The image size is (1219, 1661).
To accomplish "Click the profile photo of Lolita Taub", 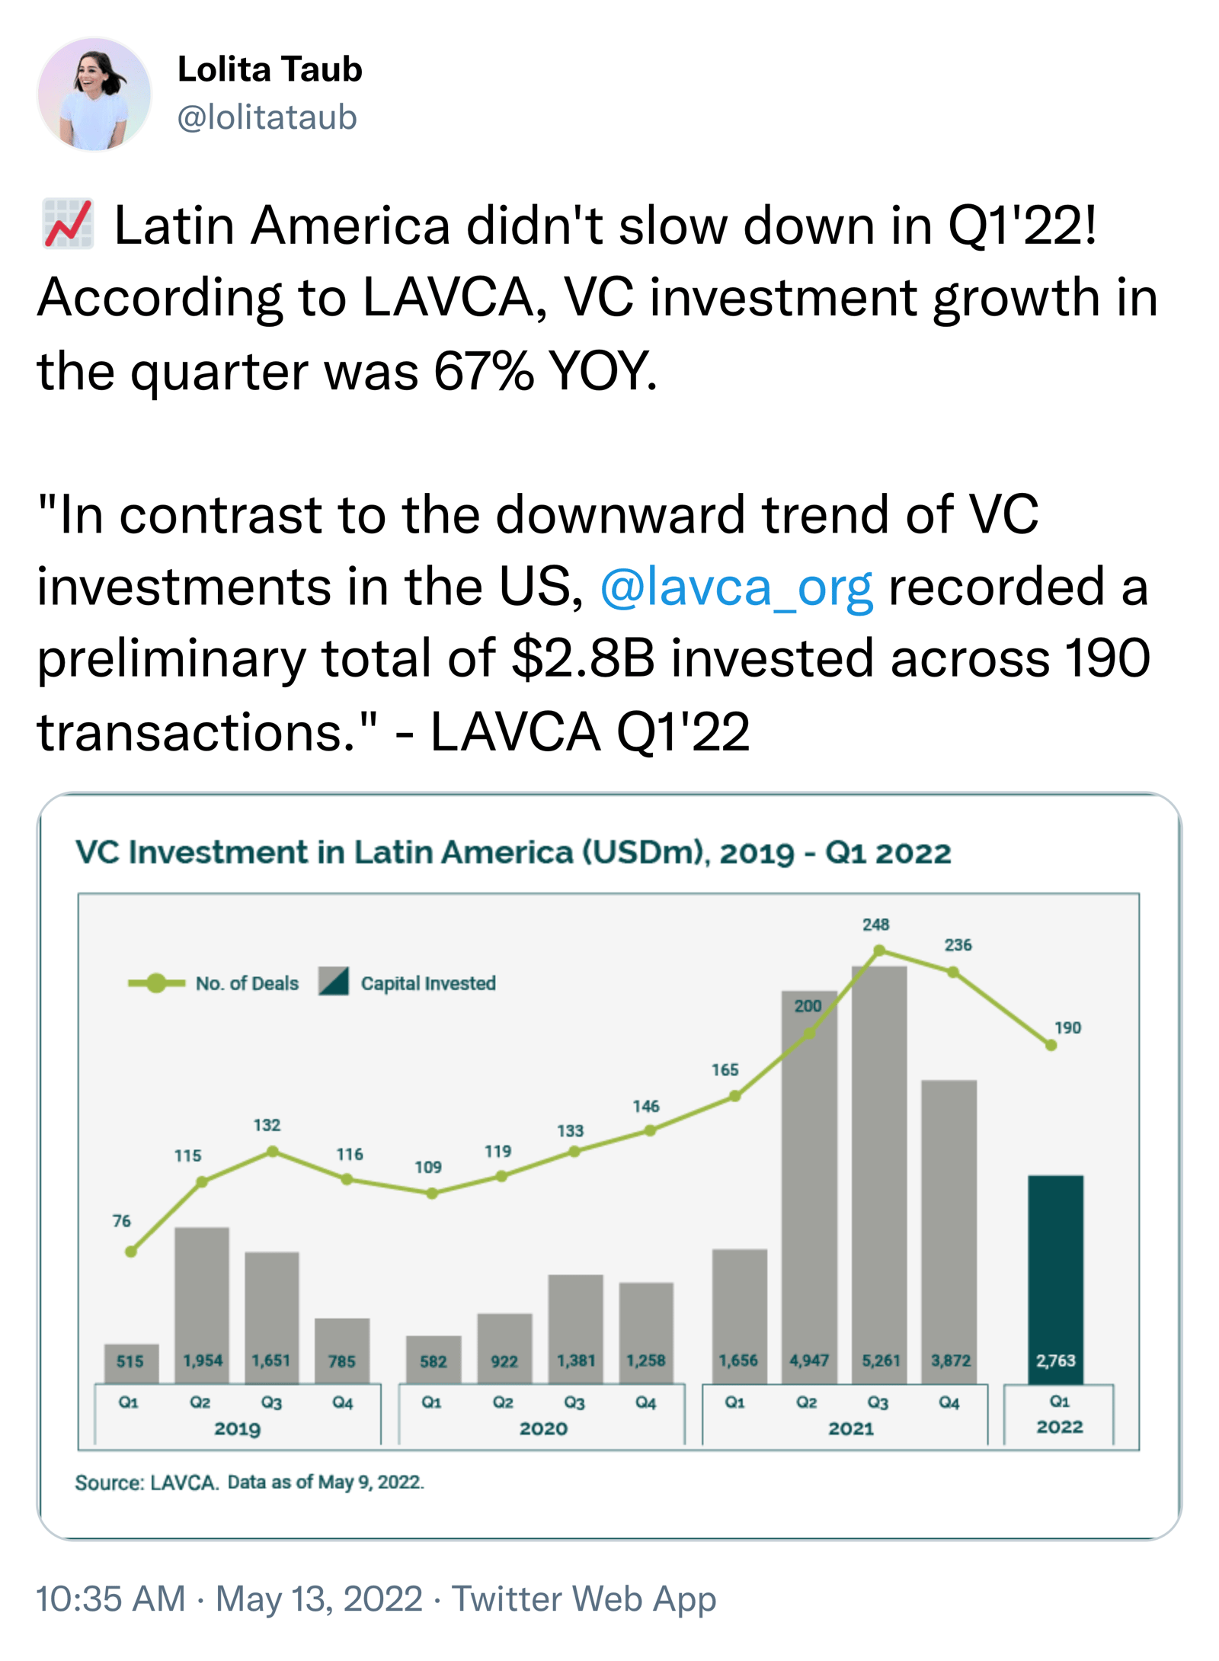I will (x=94, y=94).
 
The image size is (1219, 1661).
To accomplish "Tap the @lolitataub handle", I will (x=267, y=117).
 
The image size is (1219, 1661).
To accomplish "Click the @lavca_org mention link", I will (x=736, y=587).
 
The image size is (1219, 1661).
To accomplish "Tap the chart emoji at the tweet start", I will (x=68, y=225).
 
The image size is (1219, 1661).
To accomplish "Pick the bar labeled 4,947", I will (x=809, y=1189).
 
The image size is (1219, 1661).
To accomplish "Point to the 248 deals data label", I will (x=875, y=924).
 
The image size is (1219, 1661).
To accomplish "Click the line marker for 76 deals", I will (x=131, y=1251).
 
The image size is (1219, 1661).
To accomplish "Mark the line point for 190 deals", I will (x=1051, y=1045).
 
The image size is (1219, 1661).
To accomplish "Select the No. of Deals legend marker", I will (x=156, y=983).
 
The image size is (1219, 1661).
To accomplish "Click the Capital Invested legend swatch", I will (x=334, y=982).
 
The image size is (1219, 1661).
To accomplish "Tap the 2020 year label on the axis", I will (x=543, y=1428).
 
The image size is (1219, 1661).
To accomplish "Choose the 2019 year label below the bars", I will (x=237, y=1428).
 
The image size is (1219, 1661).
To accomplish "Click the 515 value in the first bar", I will (x=130, y=1361).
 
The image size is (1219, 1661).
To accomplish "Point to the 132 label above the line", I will (x=267, y=1125).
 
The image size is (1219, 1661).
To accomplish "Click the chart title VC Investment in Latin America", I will (x=513, y=853).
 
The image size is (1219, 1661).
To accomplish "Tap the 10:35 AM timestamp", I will (x=111, y=1599).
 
